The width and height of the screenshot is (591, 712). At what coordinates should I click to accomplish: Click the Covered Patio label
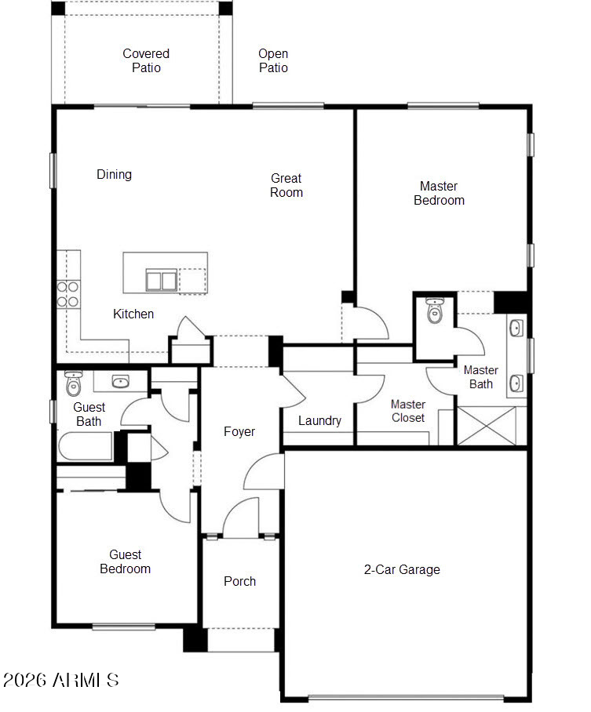coord(146,60)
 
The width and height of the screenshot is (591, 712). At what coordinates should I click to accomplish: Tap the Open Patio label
coord(273,60)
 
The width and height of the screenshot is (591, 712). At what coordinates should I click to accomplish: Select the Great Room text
coord(286,185)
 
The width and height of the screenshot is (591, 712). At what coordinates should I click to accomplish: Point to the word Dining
coord(114,174)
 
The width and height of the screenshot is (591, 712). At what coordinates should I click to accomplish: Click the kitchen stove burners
coord(67,294)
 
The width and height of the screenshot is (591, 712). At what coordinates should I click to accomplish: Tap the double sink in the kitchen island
coord(162,280)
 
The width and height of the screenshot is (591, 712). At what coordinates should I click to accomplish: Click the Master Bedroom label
coord(440,193)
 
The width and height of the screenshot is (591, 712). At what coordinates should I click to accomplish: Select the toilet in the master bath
coord(435,311)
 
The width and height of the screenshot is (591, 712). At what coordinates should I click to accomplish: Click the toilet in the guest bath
coord(73,383)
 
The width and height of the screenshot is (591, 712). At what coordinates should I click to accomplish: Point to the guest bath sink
coord(120,382)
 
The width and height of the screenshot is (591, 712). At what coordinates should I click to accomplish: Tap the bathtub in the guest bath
coord(86,446)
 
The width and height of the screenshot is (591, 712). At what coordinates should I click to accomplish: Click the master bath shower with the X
coord(487,426)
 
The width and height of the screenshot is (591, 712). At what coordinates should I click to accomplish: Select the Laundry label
coord(319,421)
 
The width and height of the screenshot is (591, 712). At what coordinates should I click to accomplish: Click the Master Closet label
coord(408,411)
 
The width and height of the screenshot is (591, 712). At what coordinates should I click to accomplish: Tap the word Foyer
coord(239,431)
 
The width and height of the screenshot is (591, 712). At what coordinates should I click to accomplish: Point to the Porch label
coord(239,581)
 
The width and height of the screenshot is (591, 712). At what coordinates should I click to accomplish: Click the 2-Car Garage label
coord(402,569)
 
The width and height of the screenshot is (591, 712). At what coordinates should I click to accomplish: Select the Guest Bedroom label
coord(125,561)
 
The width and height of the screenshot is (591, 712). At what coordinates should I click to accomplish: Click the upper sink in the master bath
coord(516,328)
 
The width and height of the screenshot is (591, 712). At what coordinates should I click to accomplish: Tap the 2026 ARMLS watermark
coord(61,680)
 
